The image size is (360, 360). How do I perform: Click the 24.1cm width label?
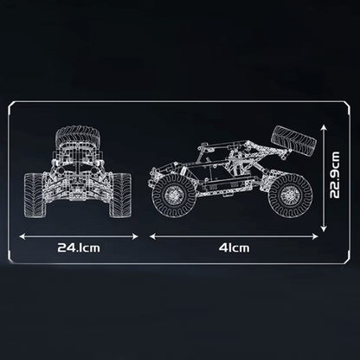79,247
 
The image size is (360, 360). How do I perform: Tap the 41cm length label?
234,247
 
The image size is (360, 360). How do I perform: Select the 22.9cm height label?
335,175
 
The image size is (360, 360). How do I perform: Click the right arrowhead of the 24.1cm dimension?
135,236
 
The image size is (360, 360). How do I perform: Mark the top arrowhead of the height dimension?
324,128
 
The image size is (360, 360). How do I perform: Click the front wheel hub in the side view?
173,196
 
